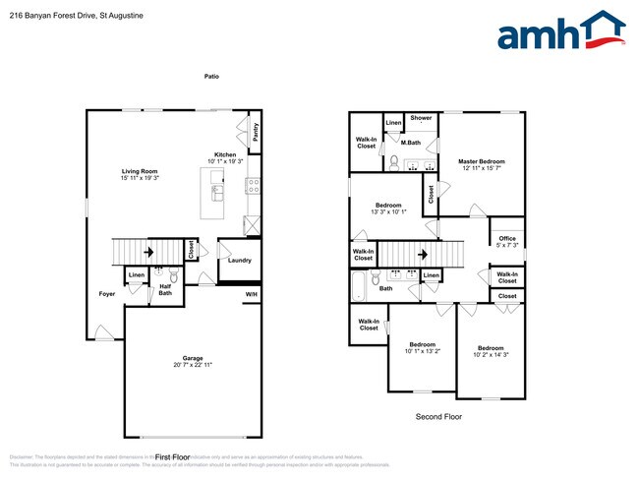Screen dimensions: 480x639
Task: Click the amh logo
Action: pyautogui.click(x=560, y=32)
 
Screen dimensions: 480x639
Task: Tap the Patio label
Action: pyautogui.click(x=211, y=76)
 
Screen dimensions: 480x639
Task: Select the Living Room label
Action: pyautogui.click(x=139, y=171)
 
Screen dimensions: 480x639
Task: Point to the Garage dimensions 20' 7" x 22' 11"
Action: pyautogui.click(x=193, y=365)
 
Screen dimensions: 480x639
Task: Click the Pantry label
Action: pyautogui.click(x=256, y=132)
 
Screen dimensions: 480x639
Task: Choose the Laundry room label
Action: pyautogui.click(x=240, y=261)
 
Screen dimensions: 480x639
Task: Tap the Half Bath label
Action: pyautogui.click(x=165, y=289)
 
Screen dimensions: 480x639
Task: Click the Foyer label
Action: pyautogui.click(x=106, y=294)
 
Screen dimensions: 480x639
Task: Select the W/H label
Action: pyautogui.click(x=252, y=294)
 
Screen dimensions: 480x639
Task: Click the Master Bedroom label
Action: pyautogui.click(x=482, y=161)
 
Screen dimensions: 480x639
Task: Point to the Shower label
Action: pyautogui.click(x=421, y=118)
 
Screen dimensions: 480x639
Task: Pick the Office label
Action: pyautogui.click(x=507, y=238)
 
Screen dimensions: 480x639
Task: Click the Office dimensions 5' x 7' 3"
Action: pyautogui.click(x=507, y=245)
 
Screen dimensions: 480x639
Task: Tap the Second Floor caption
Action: pyautogui.click(x=438, y=416)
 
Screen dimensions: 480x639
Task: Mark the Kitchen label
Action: pyautogui.click(x=225, y=155)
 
